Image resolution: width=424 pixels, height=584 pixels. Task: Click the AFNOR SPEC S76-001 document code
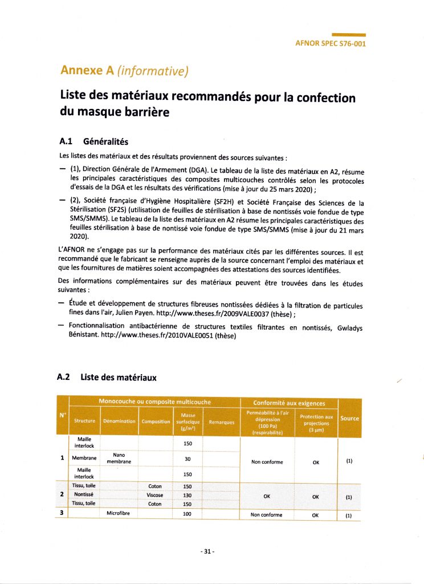(331, 43)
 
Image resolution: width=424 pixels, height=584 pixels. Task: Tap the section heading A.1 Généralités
(94, 140)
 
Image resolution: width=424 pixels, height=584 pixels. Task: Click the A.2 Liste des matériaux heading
(107, 377)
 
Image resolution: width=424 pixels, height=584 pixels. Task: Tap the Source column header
(349, 418)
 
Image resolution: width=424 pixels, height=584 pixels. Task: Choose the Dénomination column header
(119, 421)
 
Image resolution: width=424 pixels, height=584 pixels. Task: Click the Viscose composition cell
(155, 495)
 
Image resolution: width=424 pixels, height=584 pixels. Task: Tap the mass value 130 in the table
(187, 495)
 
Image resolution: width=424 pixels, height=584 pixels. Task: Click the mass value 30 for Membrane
(187, 458)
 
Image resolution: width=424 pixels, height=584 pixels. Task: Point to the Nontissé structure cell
(83, 495)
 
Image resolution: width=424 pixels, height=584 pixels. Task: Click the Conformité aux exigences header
(287, 403)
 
